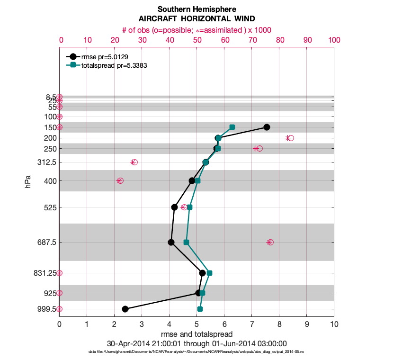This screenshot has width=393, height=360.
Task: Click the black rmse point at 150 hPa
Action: coord(267,127)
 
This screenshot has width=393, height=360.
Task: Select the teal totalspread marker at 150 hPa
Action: coord(232,127)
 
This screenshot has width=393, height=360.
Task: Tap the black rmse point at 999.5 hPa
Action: coord(125,309)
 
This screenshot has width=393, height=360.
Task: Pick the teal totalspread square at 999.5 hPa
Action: coord(200,309)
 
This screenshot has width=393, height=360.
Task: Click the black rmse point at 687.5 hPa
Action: coord(171,242)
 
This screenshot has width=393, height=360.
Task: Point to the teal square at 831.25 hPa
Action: coord(209,273)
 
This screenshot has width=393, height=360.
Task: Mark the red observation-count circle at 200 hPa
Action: coord(291,138)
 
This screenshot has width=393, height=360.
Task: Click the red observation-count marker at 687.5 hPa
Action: coord(270,242)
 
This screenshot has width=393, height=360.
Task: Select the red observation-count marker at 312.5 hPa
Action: coord(134,162)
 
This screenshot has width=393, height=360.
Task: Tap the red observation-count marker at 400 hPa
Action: coord(120,180)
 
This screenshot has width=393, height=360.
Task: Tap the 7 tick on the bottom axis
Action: coord(252,325)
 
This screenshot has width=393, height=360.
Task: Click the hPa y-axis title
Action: coord(28,181)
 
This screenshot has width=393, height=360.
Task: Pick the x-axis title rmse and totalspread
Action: coord(196,334)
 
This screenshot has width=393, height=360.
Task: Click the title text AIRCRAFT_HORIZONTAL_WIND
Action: coord(196,18)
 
